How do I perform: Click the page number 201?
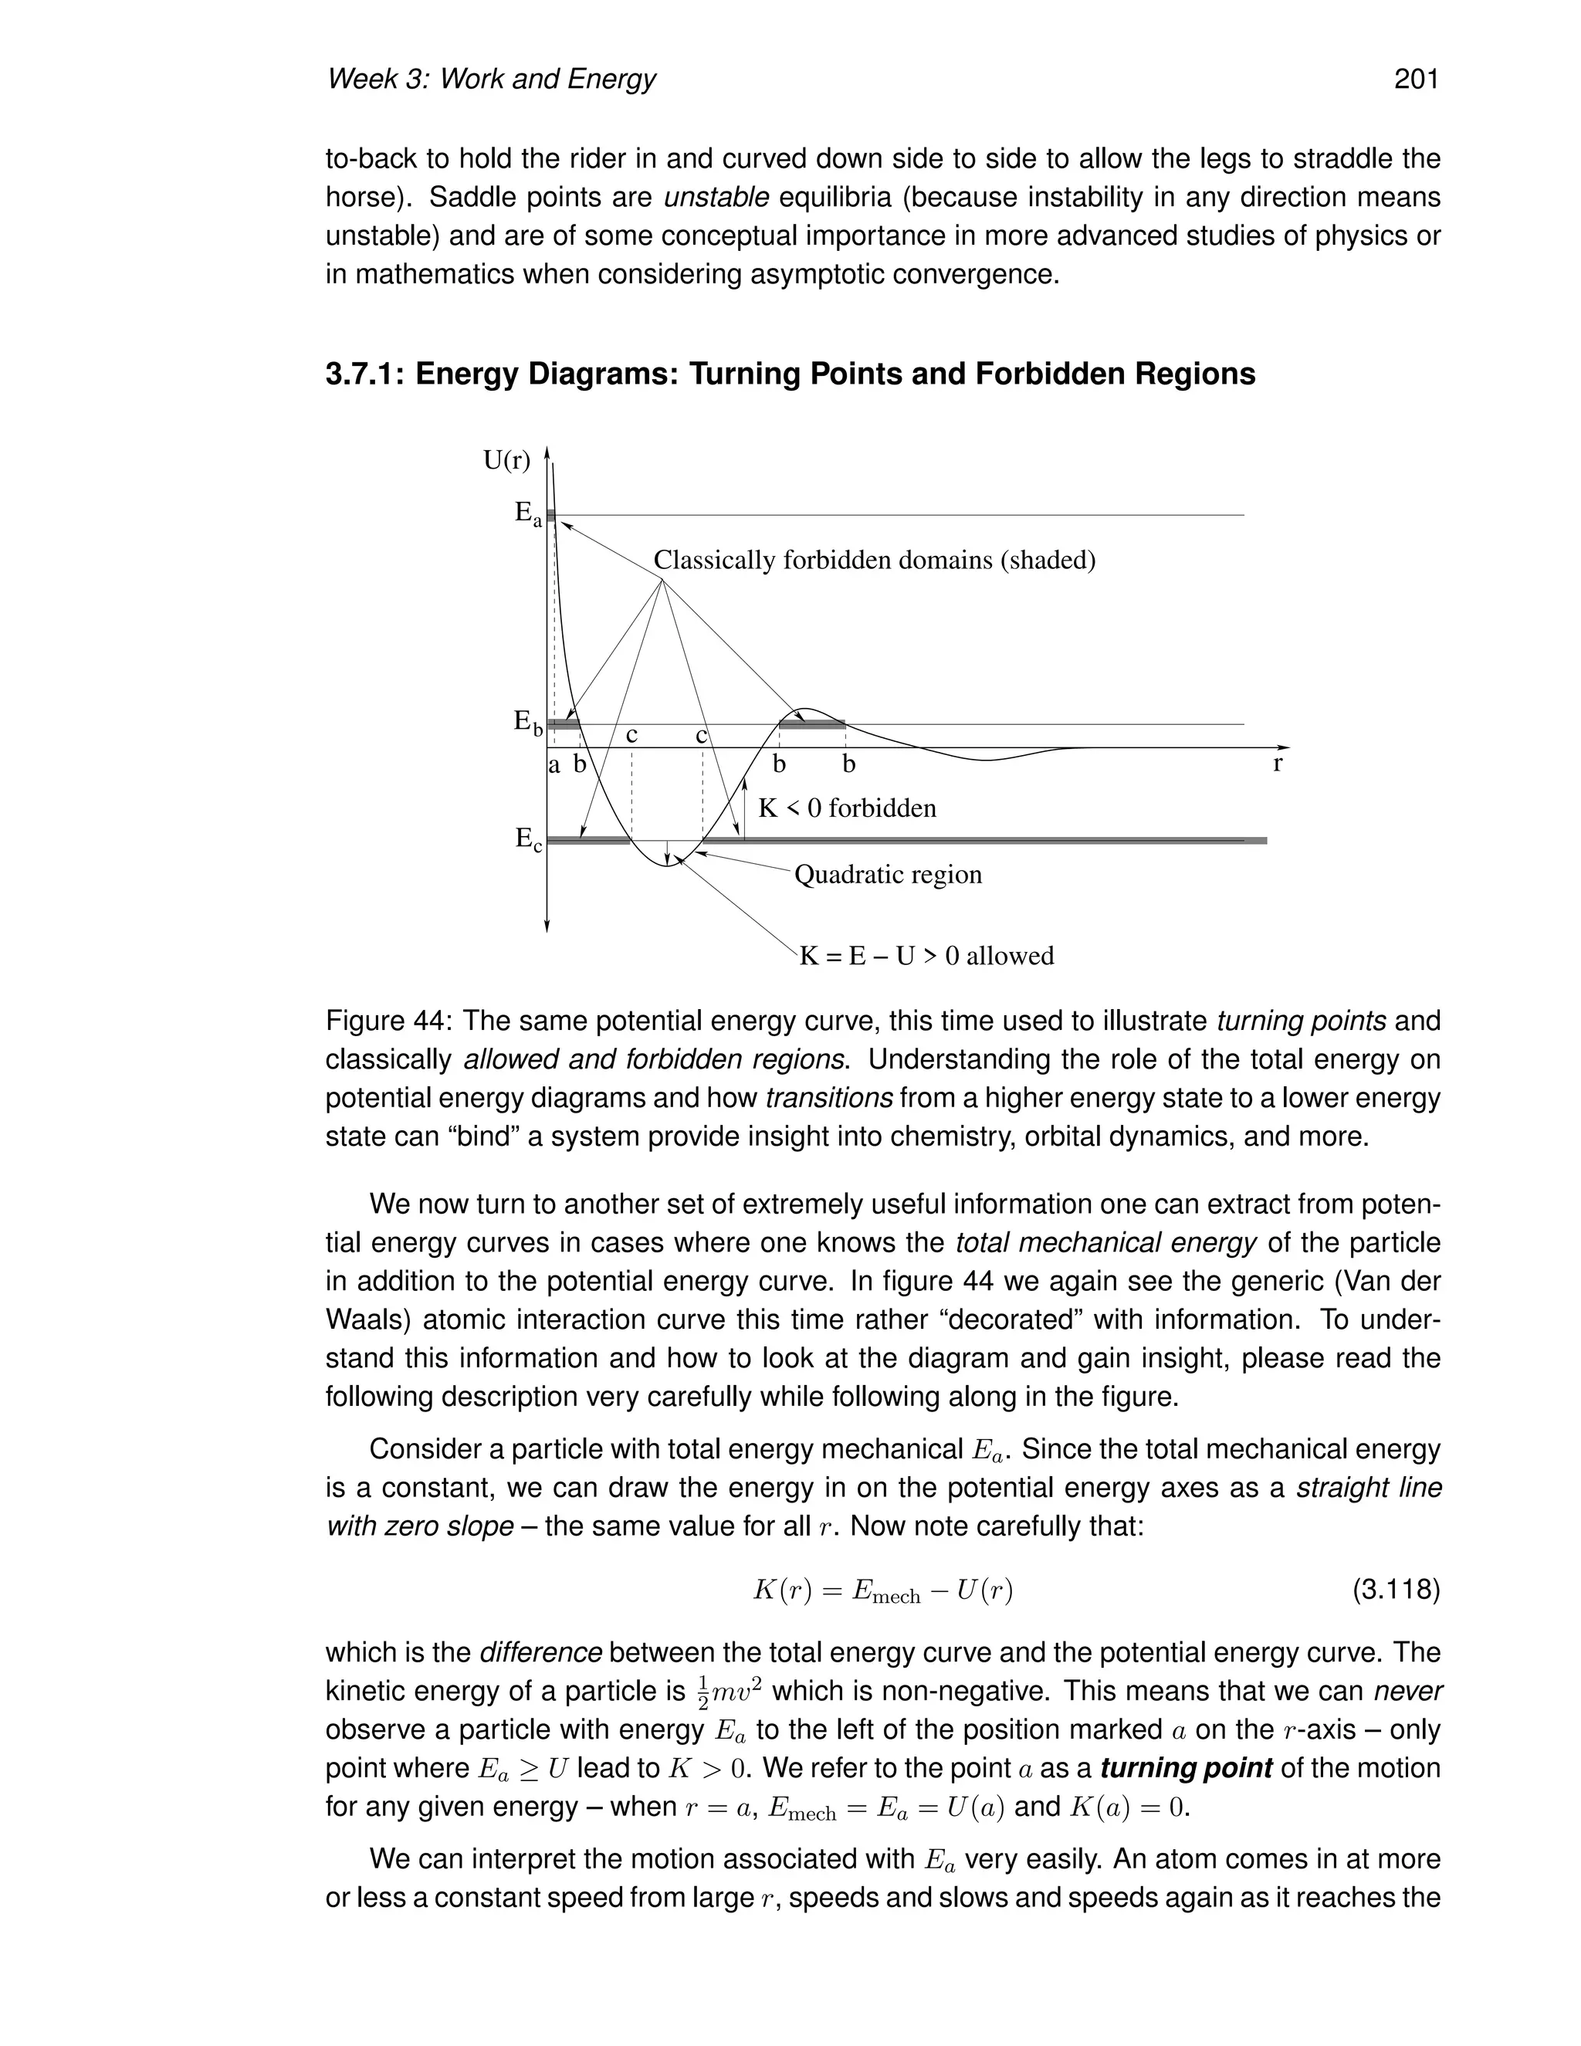1415,79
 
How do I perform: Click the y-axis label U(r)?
506,460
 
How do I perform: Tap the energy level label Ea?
527,514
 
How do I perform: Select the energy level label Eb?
527,723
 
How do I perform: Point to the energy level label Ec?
527,839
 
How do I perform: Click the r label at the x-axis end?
1278,764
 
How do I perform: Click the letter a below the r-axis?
554,765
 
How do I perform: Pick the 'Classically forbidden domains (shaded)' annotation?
874,561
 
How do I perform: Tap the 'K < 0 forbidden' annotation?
847,808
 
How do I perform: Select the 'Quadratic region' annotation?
888,875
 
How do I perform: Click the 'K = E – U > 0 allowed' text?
926,957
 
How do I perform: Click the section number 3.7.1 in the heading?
365,374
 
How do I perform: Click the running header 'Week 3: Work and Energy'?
491,79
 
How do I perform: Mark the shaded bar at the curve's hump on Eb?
812,724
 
